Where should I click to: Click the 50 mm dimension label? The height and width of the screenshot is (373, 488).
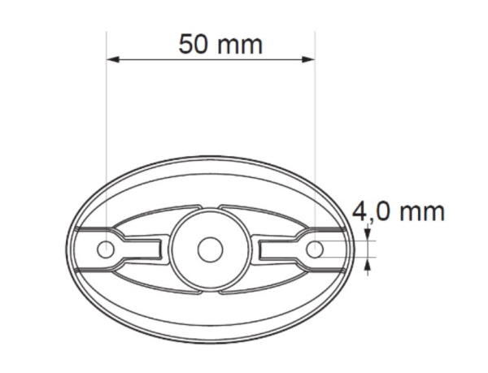[x=220, y=45]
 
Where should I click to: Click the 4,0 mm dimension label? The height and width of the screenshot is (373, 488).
[x=399, y=212]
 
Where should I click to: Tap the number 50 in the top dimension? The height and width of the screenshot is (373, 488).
[x=193, y=45]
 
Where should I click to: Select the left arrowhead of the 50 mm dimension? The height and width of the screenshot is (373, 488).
[x=113, y=59]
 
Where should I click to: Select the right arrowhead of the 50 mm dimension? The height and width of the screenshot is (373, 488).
[x=309, y=59]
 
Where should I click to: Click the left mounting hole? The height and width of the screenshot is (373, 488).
[x=106, y=249]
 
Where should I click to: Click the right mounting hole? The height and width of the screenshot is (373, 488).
[x=315, y=249]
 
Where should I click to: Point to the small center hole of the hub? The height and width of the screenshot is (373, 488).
[x=211, y=249]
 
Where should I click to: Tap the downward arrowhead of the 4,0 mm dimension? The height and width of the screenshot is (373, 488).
[x=368, y=234]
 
